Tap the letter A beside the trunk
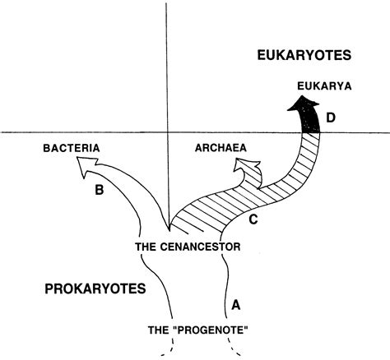[x=237, y=304]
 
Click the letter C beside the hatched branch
[x=253, y=219]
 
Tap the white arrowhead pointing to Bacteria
[x=82, y=168]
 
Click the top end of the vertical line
[x=166, y=3]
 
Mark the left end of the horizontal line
[x=2, y=132]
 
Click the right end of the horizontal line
[x=388, y=132]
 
